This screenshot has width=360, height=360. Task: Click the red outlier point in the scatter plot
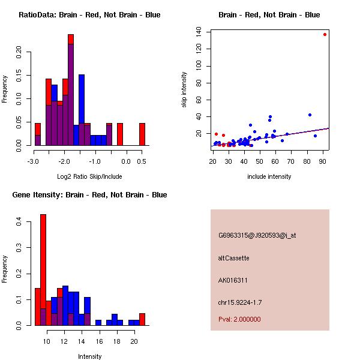(x=325, y=34)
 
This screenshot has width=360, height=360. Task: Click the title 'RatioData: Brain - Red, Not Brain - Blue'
(x=89, y=15)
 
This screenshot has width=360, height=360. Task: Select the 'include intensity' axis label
(x=269, y=176)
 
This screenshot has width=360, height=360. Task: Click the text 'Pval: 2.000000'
(x=239, y=319)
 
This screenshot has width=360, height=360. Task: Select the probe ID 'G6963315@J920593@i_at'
(x=257, y=235)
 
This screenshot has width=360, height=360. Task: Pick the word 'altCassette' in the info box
(x=233, y=258)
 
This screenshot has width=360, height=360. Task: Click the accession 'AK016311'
(x=233, y=280)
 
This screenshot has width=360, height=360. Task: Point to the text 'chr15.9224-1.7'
(x=240, y=302)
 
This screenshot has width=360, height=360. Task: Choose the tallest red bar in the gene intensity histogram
(x=43, y=269)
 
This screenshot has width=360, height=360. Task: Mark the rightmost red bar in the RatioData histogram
(x=142, y=134)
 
